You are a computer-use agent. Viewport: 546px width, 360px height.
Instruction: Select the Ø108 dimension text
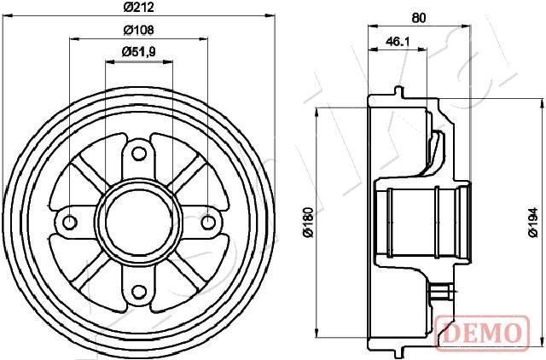tap(138, 29)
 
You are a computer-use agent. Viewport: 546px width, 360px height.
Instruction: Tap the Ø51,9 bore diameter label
tap(138, 52)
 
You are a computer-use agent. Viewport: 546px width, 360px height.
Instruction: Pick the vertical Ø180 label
tap(307, 224)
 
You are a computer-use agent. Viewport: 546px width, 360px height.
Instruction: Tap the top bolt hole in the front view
tap(139, 155)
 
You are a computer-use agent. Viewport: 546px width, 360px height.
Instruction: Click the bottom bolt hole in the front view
tap(139, 292)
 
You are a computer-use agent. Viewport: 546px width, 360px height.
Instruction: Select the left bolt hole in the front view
tap(71, 223)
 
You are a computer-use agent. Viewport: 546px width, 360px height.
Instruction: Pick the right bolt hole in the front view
tap(207, 223)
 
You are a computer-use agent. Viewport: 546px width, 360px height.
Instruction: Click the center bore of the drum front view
tap(139, 223)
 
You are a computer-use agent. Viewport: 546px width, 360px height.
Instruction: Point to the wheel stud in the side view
tap(441, 293)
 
